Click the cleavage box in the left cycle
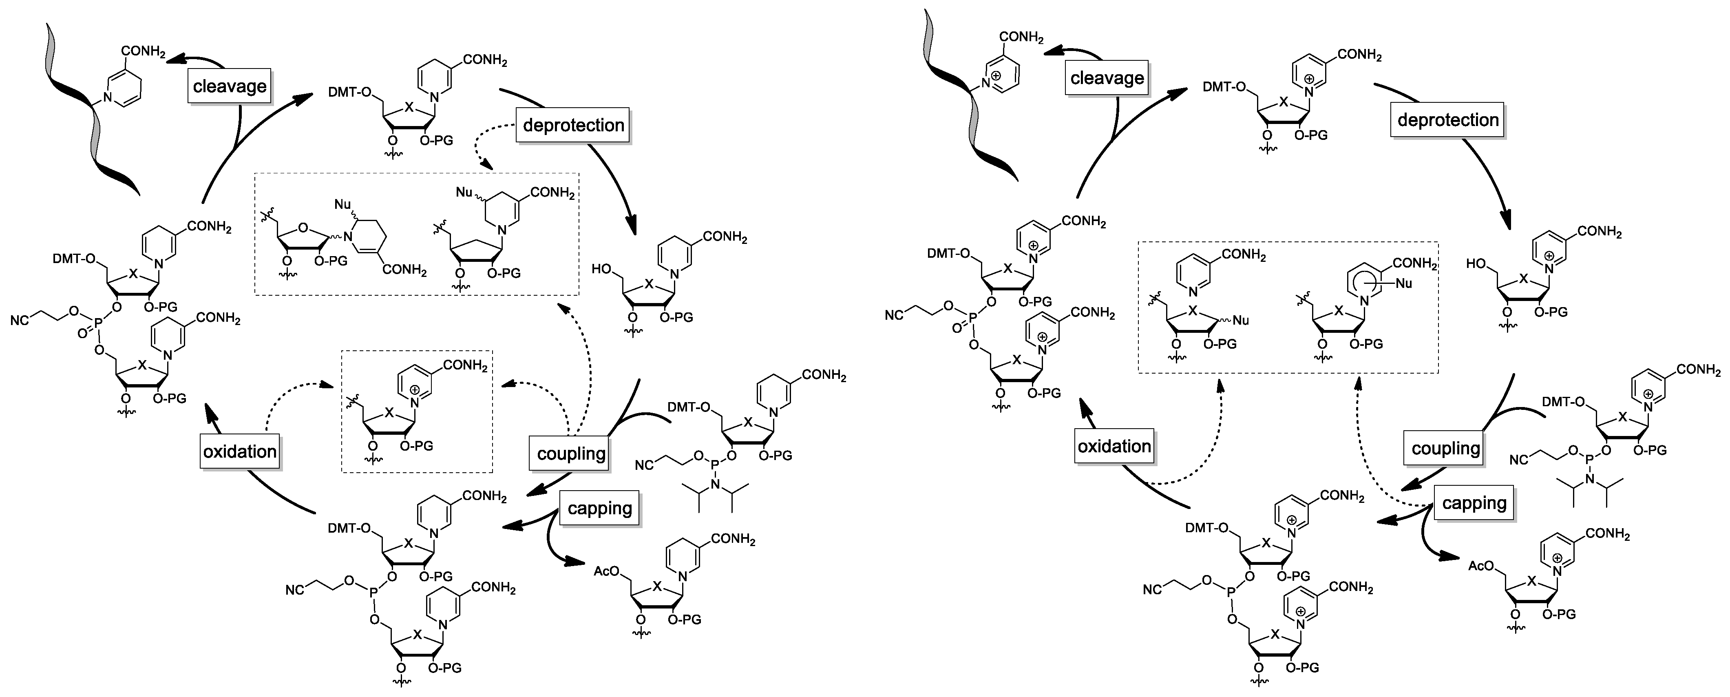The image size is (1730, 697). click(230, 86)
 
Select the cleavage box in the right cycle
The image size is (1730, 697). click(1107, 78)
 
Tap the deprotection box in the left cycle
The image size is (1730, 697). click(573, 125)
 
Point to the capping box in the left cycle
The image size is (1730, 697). click(599, 508)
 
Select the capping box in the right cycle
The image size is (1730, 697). click(1474, 503)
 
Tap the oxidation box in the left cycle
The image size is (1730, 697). click(240, 451)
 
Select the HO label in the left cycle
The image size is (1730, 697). click(601, 269)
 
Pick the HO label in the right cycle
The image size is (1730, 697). click(1476, 264)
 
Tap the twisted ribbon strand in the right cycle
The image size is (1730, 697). click(967, 101)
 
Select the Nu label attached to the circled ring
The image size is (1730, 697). click(1403, 283)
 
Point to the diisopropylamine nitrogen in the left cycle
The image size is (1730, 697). click(715, 485)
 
